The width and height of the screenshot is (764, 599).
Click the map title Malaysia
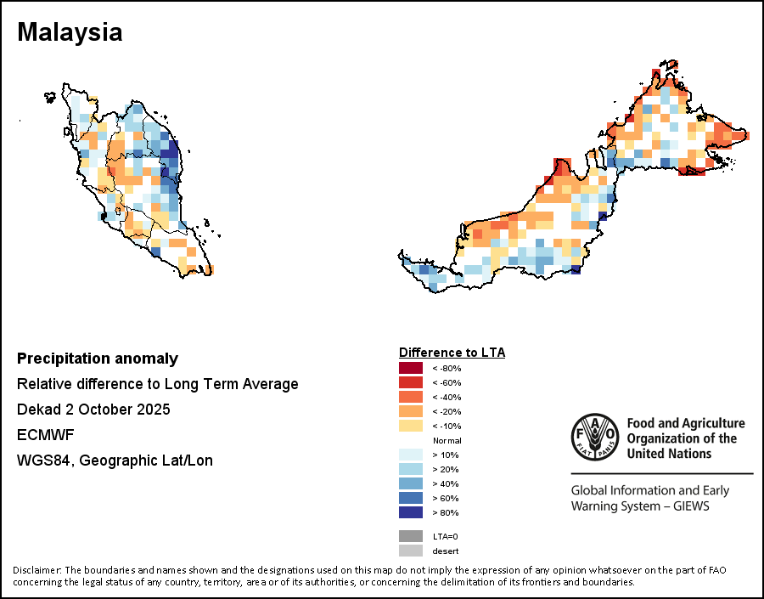point(70,32)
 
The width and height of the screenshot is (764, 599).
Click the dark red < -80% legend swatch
point(411,368)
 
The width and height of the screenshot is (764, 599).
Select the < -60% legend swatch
point(411,382)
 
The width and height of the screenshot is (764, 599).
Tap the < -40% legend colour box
point(411,397)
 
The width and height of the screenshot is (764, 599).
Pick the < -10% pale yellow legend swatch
point(411,426)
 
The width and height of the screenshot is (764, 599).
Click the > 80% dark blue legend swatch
point(411,512)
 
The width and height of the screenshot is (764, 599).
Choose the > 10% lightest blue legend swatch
point(411,455)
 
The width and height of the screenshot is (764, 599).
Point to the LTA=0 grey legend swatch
point(411,536)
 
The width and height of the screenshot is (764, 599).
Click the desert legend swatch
point(411,551)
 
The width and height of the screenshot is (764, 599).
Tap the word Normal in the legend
point(447,440)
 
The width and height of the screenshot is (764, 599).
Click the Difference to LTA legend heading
point(452,352)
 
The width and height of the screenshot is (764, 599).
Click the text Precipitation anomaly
point(98,359)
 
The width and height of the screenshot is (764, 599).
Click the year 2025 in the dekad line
point(154,410)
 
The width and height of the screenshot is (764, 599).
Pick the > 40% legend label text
point(446,483)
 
